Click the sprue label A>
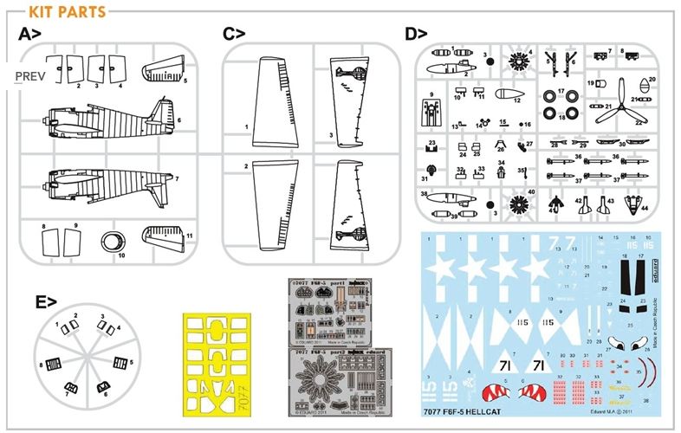(x=31, y=35)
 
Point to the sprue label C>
(x=234, y=35)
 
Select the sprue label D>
(x=416, y=35)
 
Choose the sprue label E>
(x=47, y=302)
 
